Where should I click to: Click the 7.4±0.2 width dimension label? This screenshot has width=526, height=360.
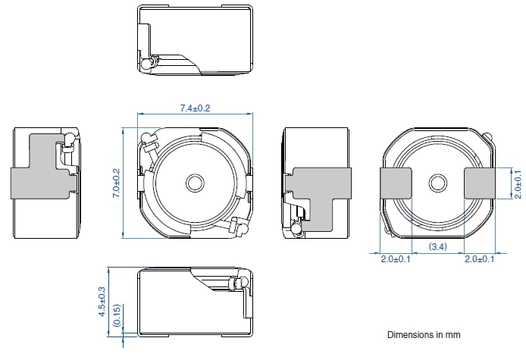(x=195, y=108)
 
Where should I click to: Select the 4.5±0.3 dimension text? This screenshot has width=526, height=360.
(x=102, y=300)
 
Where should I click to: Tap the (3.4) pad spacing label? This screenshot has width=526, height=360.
(x=437, y=246)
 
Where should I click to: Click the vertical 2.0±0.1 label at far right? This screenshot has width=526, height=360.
(x=517, y=183)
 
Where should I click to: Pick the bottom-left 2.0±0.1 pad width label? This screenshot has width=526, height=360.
(x=395, y=259)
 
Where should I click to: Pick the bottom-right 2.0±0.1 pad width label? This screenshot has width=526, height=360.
(x=479, y=259)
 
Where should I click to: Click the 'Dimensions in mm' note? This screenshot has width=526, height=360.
(x=424, y=334)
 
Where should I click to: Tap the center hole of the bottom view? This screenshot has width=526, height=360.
(x=437, y=183)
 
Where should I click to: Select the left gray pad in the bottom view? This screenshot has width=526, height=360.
(x=396, y=183)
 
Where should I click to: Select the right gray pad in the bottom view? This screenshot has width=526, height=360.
(x=479, y=183)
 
